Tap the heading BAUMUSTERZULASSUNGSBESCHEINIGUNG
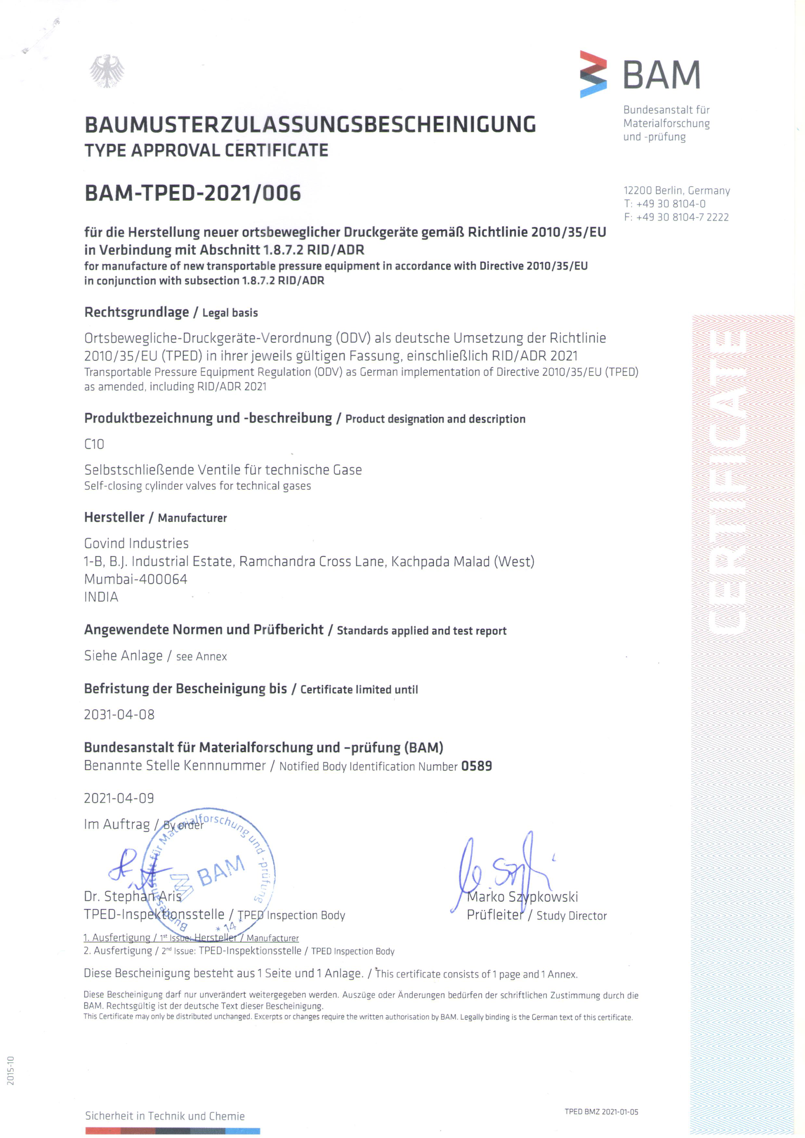(310, 125)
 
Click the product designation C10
(94, 444)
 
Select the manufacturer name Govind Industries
(136, 543)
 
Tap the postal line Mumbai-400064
(136, 579)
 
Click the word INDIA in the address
(101, 597)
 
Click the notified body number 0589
(476, 766)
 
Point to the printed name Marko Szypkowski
(523, 896)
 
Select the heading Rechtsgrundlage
(136, 312)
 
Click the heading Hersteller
(114, 517)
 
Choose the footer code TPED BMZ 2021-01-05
(601, 1112)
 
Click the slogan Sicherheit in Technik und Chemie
(164, 1116)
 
